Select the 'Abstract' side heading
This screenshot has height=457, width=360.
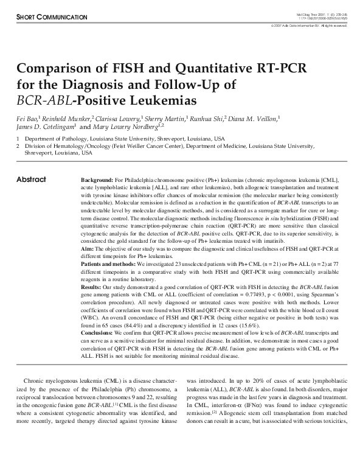pos(30,180)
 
